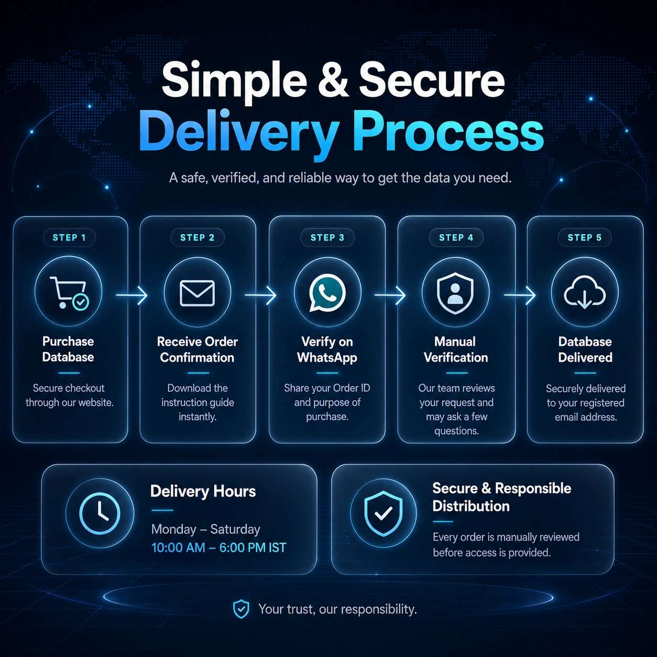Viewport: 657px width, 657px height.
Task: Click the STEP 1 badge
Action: pos(69,237)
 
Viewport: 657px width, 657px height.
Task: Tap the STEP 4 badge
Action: pos(456,237)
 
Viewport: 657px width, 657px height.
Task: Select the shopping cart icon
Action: pos(69,293)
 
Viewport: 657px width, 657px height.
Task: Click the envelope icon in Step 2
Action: pos(197,293)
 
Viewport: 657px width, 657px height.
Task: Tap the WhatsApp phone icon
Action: pos(327,293)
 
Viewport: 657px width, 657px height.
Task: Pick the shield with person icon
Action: pos(455,293)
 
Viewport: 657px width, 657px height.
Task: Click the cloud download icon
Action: pos(585,292)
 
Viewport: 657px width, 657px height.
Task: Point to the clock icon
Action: pos(100,513)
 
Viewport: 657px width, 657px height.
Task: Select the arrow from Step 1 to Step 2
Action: pos(132,295)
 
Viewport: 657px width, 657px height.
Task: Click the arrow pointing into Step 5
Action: pos(520,295)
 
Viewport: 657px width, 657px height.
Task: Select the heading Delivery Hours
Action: pos(203,491)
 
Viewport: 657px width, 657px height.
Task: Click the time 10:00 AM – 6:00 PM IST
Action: pos(218,548)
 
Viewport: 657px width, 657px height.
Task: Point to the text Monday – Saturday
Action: pos(205,530)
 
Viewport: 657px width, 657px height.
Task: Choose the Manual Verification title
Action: pos(455,349)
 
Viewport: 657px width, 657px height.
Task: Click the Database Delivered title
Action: pos(585,349)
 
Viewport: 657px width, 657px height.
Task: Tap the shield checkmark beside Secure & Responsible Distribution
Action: pos(383,513)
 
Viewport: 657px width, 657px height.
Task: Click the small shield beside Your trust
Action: pos(241,609)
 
